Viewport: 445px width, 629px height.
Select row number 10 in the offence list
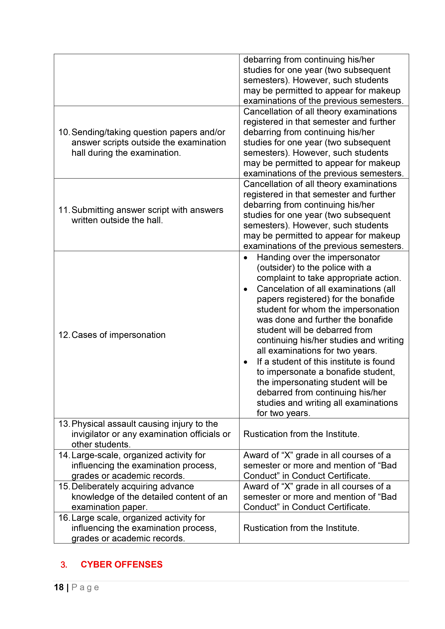coord(64,132)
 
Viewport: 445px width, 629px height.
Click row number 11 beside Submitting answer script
coord(64,210)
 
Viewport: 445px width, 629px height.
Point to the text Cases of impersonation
coord(118,335)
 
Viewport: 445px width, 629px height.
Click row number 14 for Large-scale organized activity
coord(64,455)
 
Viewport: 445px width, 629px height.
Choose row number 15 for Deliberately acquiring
coord(64,486)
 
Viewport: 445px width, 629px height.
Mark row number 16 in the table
coord(64,518)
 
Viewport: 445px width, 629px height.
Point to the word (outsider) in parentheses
coord(276,268)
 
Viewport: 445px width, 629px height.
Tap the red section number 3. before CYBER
coord(64,565)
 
